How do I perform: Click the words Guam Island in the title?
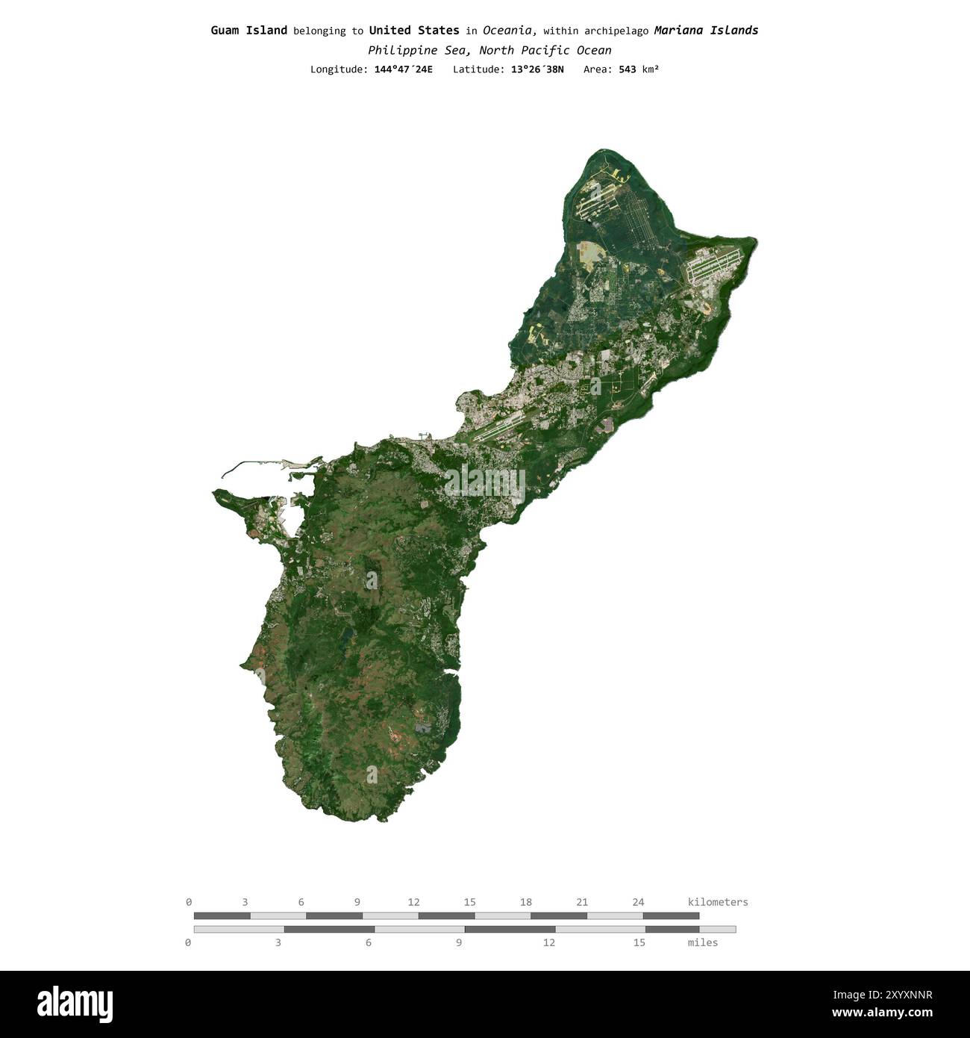(248, 31)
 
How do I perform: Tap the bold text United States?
(414, 31)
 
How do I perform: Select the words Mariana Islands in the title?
(706, 31)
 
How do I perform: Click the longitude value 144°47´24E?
(403, 69)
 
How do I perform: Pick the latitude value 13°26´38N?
(537, 69)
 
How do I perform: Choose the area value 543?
(627, 69)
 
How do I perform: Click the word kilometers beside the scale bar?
(717, 902)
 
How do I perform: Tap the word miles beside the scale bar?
(702, 942)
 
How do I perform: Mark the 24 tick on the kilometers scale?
(638, 902)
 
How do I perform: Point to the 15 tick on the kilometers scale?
(469, 902)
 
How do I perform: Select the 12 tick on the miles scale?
(548, 942)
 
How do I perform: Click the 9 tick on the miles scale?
(458, 942)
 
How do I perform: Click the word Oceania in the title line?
(508, 31)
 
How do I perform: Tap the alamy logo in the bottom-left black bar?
(75, 1004)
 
